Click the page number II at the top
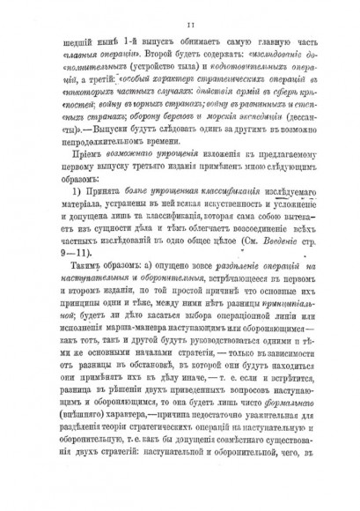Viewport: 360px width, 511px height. coord(179,26)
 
